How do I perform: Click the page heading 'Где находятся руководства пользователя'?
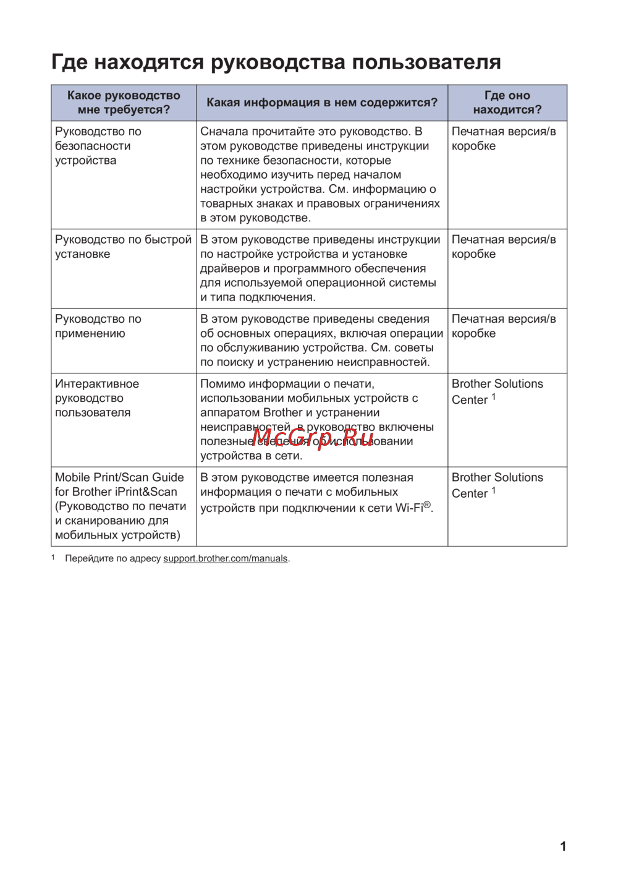click(x=276, y=62)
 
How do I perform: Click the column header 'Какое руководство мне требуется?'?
click(x=124, y=103)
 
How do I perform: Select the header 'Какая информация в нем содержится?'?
click(x=322, y=103)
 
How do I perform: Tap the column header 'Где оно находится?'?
click(x=507, y=103)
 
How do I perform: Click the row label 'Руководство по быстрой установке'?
click(x=123, y=247)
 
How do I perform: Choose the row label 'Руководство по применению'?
click(x=98, y=326)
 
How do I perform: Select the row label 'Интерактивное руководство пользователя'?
click(x=97, y=398)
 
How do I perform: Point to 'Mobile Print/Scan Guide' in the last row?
click(x=119, y=477)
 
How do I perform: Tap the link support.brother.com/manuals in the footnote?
click(x=226, y=558)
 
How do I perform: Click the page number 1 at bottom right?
click(x=563, y=846)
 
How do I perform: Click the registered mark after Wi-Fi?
click(x=427, y=505)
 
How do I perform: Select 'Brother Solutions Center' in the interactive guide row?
click(x=497, y=391)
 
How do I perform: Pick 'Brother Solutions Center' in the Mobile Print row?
click(x=497, y=485)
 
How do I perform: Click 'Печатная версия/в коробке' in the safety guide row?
click(x=503, y=138)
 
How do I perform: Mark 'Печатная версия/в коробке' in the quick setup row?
click(x=503, y=247)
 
